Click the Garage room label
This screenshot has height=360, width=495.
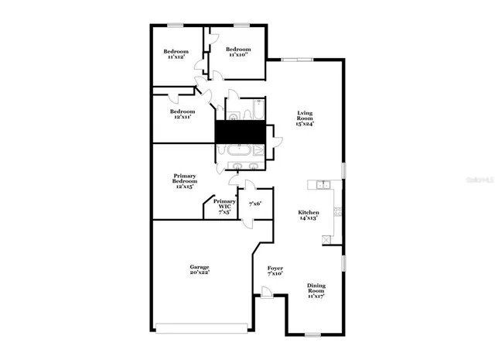[x=200, y=267]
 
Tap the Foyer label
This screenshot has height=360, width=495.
[x=275, y=267]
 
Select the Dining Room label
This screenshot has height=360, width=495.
[x=316, y=287]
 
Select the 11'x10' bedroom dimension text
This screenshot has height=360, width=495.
[x=237, y=55]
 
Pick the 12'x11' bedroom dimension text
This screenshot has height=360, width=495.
[x=183, y=118]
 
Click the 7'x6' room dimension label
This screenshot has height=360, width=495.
[x=255, y=204]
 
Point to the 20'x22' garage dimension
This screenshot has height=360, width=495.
[x=200, y=273]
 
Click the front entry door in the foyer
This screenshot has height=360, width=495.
[x=267, y=292]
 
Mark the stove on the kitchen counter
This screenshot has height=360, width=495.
[x=336, y=211]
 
